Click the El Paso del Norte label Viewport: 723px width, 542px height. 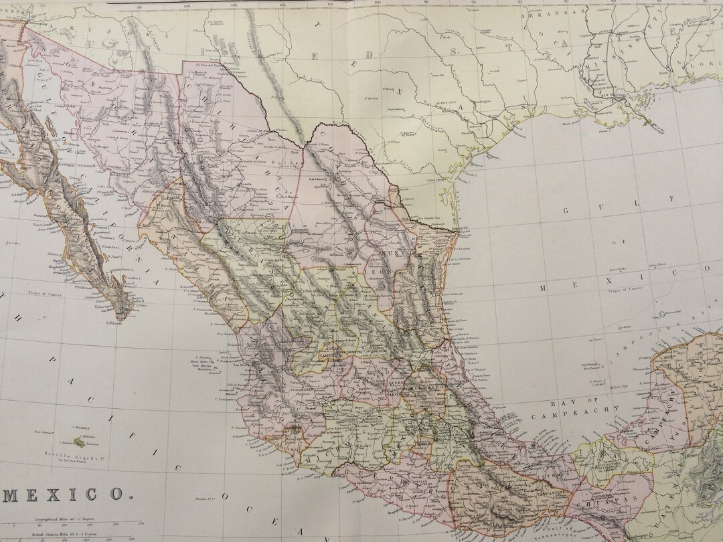tap(203, 66)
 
